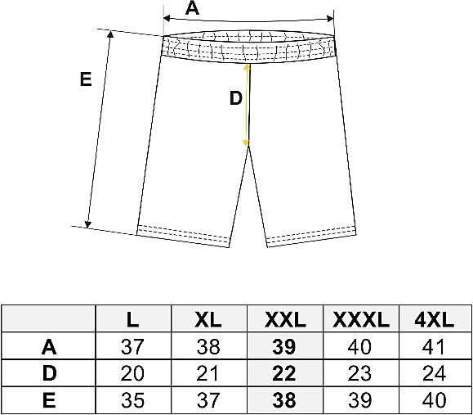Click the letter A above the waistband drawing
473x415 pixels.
[192, 8]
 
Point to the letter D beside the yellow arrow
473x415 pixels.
[236, 98]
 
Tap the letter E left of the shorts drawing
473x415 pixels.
[86, 79]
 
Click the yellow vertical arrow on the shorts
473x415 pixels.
[247, 105]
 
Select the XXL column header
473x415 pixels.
[285, 319]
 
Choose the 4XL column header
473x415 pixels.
[435, 319]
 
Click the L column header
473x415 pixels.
[132, 319]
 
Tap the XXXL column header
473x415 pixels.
[361, 319]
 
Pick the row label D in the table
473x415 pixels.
[50, 373]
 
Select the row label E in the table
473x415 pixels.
[49, 400]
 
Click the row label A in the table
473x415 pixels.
[49, 347]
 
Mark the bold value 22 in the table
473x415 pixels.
[284, 373]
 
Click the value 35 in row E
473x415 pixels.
[132, 400]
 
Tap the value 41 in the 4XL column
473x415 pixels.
[434, 347]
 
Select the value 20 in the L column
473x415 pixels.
[132, 373]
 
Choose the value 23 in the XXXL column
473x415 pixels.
[359, 373]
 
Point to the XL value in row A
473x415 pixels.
[208, 347]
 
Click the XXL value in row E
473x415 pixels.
[284, 400]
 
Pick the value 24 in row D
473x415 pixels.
[434, 373]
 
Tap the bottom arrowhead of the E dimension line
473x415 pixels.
[87, 224]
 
